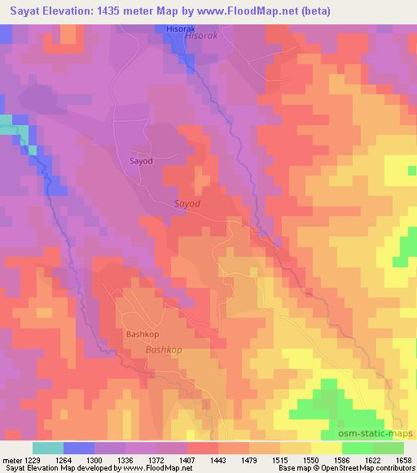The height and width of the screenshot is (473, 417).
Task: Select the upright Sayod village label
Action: pos(141,161)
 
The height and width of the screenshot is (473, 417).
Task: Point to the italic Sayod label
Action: pos(187,204)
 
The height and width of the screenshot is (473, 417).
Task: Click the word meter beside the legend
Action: pos(12,460)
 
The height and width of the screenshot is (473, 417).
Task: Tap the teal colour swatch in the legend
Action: pos(47,448)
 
